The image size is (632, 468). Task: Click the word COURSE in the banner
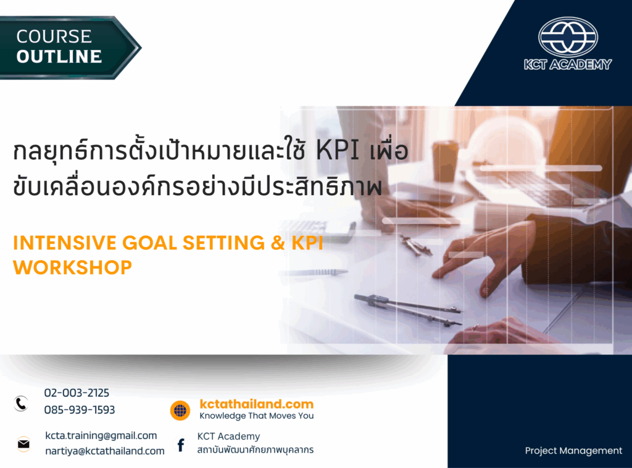[x=54, y=36]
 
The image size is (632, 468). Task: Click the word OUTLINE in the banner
[x=59, y=57]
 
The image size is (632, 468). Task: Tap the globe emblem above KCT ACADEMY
[x=568, y=37]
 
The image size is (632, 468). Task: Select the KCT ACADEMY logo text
[x=567, y=64]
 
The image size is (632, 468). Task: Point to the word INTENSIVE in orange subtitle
[x=63, y=243]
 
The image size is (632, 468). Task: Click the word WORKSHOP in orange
[x=72, y=267]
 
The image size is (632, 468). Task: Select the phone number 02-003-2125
[x=77, y=393]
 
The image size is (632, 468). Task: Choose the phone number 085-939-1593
[x=80, y=410]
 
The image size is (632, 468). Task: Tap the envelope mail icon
[x=23, y=443]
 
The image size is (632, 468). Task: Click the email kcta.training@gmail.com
[x=101, y=436]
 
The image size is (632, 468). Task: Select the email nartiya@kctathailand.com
[x=105, y=451]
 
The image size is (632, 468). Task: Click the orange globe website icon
[x=180, y=410]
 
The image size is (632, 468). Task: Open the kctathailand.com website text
[x=256, y=404]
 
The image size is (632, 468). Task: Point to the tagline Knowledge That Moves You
[x=256, y=416]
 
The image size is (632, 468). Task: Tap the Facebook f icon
[x=181, y=445]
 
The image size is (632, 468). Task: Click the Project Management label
[x=573, y=451]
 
